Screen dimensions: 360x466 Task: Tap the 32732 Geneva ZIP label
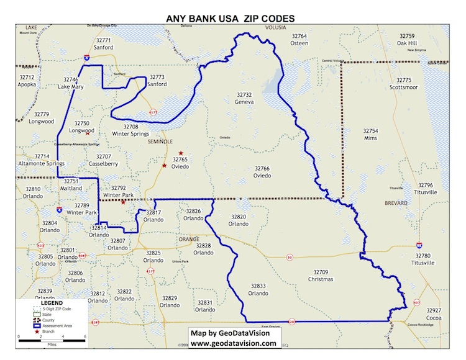point(244,98)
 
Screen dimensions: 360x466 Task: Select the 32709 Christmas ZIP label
point(321,276)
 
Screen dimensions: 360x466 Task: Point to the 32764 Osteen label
point(299,40)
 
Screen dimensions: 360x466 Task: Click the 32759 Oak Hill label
point(411,40)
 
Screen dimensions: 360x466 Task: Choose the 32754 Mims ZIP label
point(370,135)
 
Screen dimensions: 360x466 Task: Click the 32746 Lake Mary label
point(71,83)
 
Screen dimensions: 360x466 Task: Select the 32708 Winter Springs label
point(130,130)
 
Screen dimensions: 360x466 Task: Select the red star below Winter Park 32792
point(123,202)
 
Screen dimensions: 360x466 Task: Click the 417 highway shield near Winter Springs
point(153,112)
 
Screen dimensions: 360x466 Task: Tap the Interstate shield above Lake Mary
point(86,56)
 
